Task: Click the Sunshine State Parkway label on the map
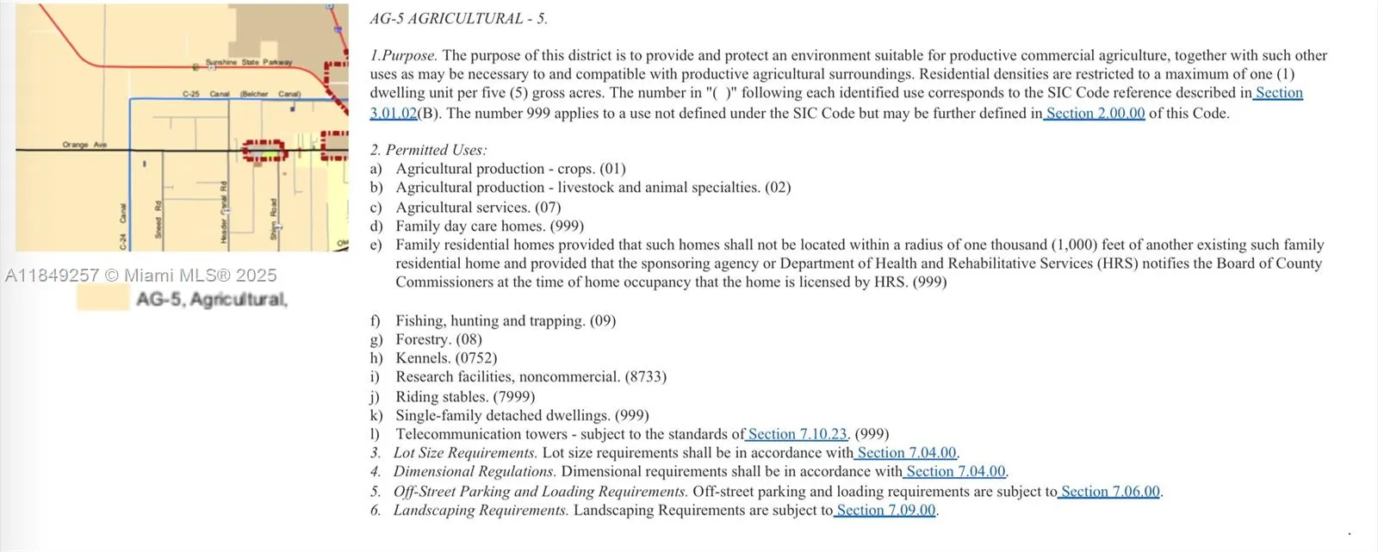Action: click(249, 62)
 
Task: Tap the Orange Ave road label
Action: click(84, 145)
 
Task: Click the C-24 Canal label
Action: click(123, 226)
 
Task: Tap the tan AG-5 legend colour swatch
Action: click(102, 298)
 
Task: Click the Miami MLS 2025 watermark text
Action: click(140, 276)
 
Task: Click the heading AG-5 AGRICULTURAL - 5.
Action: click(458, 18)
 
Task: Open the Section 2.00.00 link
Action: click(1096, 113)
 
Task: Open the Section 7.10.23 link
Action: click(798, 434)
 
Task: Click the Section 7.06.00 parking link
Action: click(1110, 492)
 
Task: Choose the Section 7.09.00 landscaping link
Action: click(885, 510)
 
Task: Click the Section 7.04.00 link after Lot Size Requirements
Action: click(906, 453)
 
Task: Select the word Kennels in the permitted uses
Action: click(423, 357)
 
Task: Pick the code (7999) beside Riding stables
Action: click(513, 396)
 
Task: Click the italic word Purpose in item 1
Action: click(409, 55)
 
